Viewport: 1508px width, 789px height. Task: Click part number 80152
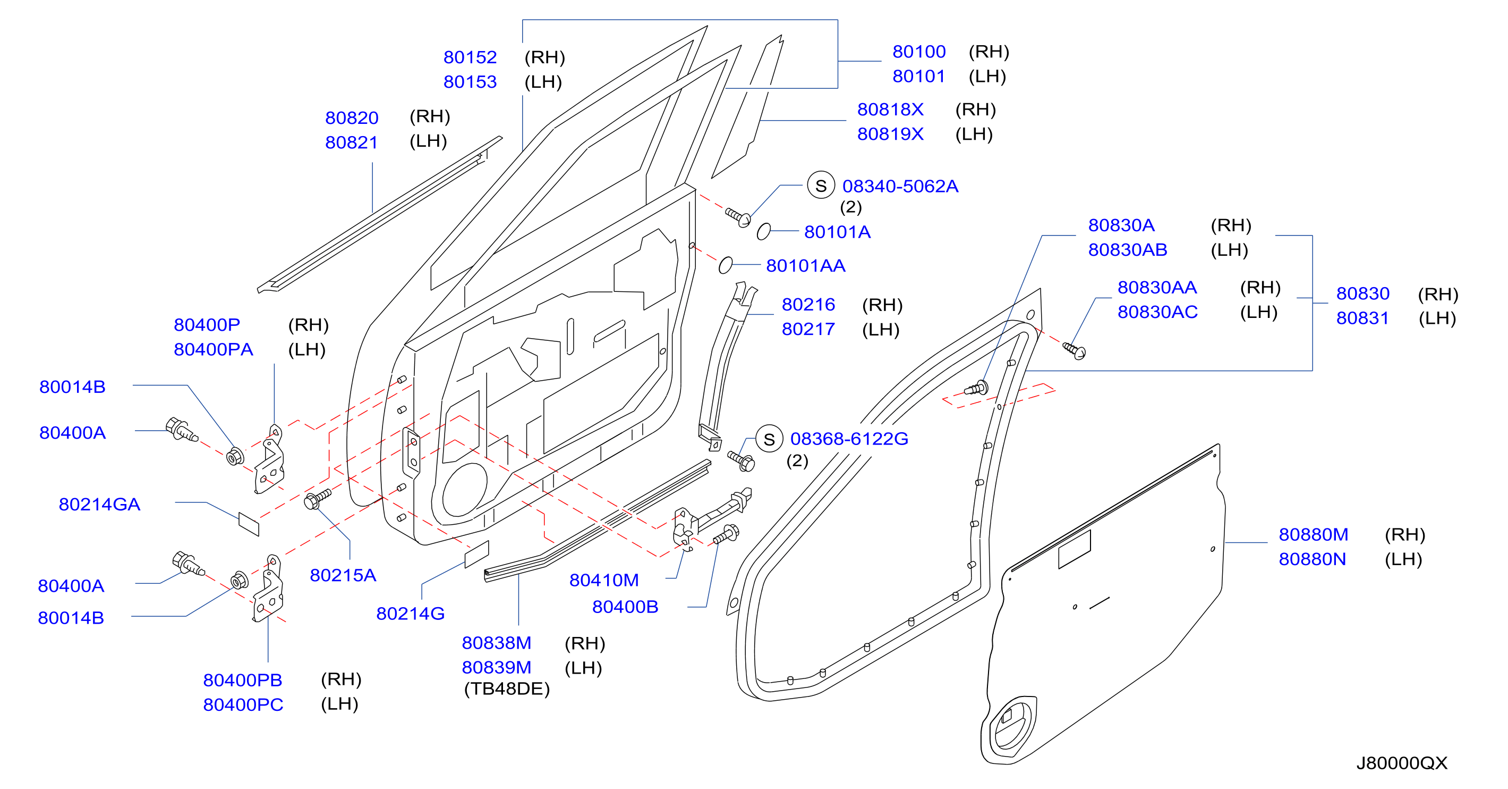pos(470,57)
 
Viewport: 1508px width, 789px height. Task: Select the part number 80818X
pos(890,110)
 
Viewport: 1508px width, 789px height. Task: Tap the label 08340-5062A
pos(900,186)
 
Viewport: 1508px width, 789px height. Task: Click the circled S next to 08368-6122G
pos(769,439)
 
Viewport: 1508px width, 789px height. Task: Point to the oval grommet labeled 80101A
pos(763,231)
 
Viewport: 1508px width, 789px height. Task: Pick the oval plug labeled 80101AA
pos(725,265)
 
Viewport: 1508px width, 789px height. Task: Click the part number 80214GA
pos(99,505)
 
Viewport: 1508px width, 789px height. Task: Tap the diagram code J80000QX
pos(1401,762)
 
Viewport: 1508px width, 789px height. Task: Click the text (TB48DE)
pos(507,689)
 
